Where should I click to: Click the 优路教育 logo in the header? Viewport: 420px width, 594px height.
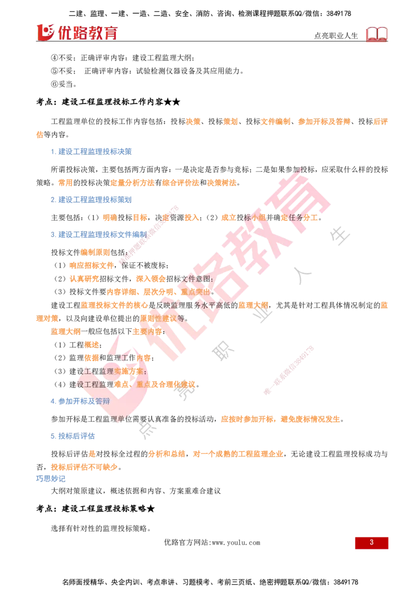pos(77,33)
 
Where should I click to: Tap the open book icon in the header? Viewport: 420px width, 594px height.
pos(376,34)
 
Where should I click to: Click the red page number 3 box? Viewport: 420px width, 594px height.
pos(372,543)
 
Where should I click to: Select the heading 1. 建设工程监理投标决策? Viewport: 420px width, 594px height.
pos(91,152)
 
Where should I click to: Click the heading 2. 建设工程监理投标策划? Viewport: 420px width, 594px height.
pos(91,199)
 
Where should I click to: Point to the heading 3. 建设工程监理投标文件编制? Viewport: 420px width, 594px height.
pos(99,235)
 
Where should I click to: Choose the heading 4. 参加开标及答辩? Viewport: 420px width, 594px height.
pos(80,401)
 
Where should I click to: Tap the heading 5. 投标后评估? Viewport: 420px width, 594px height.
pos(73,436)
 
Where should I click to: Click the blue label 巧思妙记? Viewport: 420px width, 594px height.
pos(51,479)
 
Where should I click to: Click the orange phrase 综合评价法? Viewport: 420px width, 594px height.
pos(181,183)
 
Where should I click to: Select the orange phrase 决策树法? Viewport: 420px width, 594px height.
pos(222,183)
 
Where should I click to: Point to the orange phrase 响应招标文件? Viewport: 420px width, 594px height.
pos(91,266)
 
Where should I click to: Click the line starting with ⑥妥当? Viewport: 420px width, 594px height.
pos(64,84)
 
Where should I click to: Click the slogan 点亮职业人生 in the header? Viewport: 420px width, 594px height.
pos(336,36)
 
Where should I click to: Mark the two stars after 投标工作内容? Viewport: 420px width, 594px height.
pos(172,102)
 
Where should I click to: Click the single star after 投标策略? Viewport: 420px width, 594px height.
pos(151,509)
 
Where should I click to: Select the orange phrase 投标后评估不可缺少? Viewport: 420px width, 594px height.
pos(84,467)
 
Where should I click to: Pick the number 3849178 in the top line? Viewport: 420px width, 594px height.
pos(339,14)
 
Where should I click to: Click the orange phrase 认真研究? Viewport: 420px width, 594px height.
pos(84,279)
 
